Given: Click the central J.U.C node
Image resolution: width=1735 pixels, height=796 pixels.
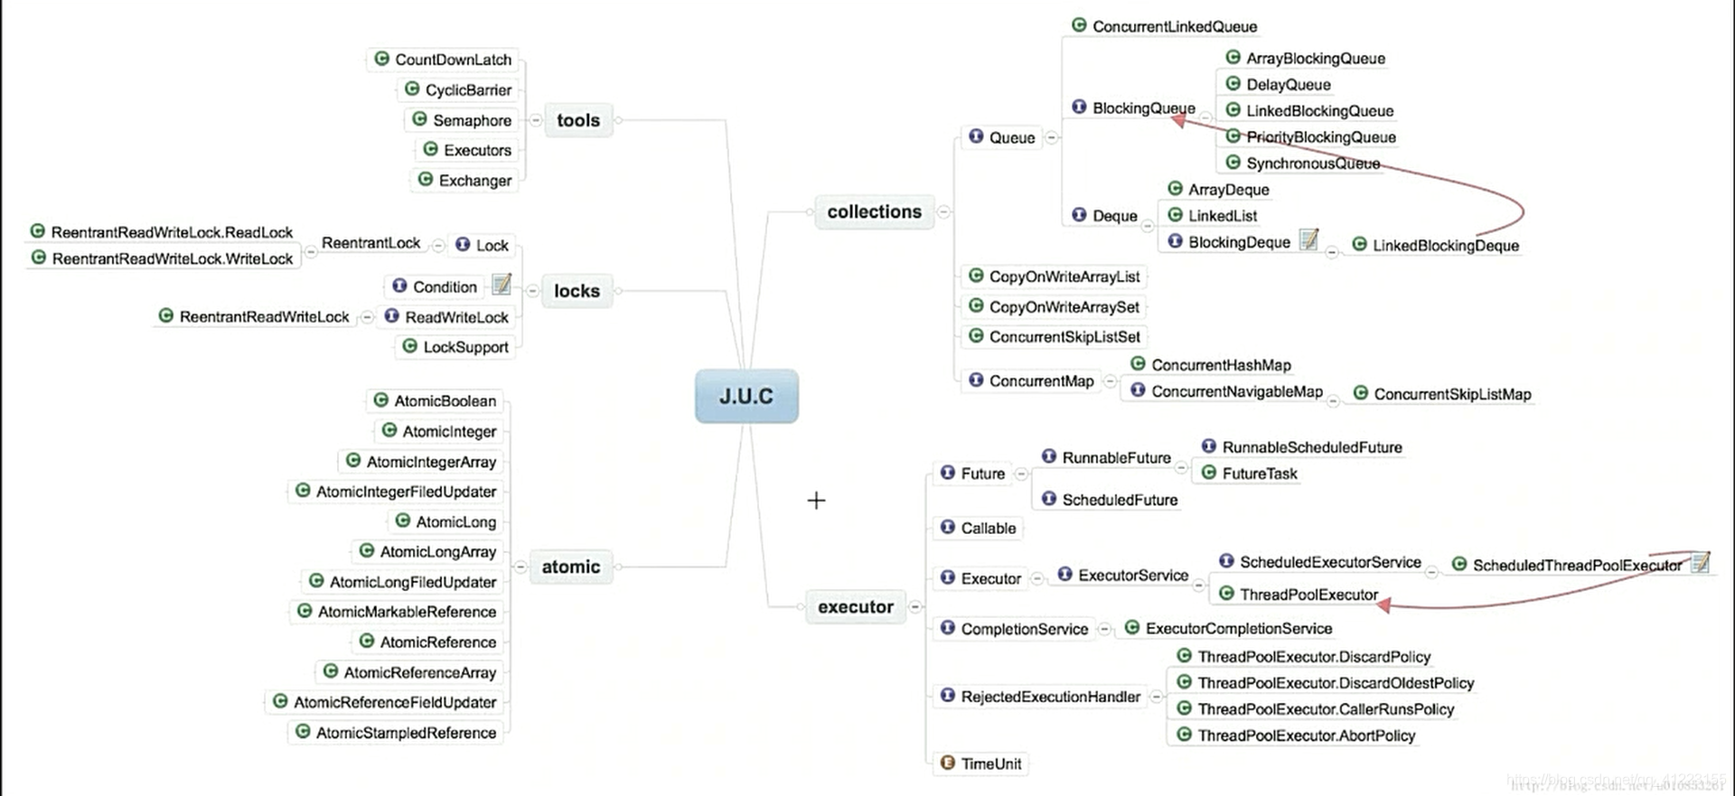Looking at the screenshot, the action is [746, 396].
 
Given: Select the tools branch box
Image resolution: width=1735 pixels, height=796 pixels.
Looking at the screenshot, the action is [578, 120].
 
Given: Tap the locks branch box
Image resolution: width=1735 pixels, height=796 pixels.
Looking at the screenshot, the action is [577, 291].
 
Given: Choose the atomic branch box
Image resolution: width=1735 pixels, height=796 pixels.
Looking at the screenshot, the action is [570, 567].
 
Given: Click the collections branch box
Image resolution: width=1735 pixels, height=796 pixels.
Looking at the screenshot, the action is [874, 211].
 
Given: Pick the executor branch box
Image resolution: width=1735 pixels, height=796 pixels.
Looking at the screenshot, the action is [855, 607].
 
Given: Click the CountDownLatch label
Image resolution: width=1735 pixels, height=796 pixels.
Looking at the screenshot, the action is [453, 60].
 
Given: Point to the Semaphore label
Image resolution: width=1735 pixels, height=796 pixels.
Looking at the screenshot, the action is [472, 120].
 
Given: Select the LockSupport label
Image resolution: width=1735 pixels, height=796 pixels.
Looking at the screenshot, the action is [465, 347].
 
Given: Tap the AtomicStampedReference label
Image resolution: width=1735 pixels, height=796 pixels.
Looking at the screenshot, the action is [406, 733].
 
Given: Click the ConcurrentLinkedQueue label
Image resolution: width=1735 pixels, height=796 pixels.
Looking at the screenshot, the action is [1174, 26].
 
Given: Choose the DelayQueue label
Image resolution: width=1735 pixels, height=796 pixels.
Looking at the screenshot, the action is [1288, 85].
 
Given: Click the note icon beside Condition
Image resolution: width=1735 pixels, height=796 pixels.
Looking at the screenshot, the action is [502, 285].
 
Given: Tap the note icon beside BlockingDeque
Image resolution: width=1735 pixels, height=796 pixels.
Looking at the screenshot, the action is [1308, 239].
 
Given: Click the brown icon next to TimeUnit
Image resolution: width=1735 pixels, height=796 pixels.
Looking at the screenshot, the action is [947, 763].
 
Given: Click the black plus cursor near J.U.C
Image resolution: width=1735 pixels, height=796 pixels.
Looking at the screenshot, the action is [816, 501].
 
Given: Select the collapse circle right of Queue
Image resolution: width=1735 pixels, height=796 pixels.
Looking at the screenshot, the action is [1052, 137].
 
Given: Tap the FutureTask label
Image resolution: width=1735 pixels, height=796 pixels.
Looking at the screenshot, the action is [1259, 473].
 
